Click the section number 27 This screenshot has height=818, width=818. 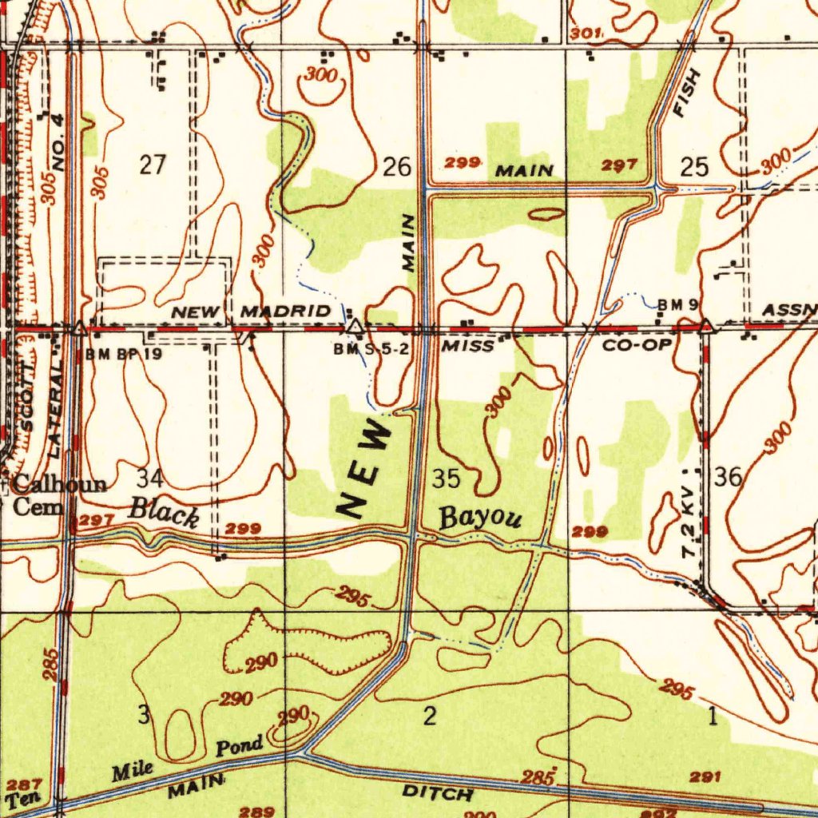(153, 165)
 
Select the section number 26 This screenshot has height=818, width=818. (397, 168)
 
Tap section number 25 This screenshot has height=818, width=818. (694, 167)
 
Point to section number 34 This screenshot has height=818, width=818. (149, 478)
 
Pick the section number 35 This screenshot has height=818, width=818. (446, 479)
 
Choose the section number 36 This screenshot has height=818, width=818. (729, 478)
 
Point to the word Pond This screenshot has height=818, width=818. (240, 748)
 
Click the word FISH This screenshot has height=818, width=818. (686, 93)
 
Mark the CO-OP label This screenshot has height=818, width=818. (637, 345)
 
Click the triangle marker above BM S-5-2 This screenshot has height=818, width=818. (355, 327)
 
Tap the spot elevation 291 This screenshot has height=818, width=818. (706, 776)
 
